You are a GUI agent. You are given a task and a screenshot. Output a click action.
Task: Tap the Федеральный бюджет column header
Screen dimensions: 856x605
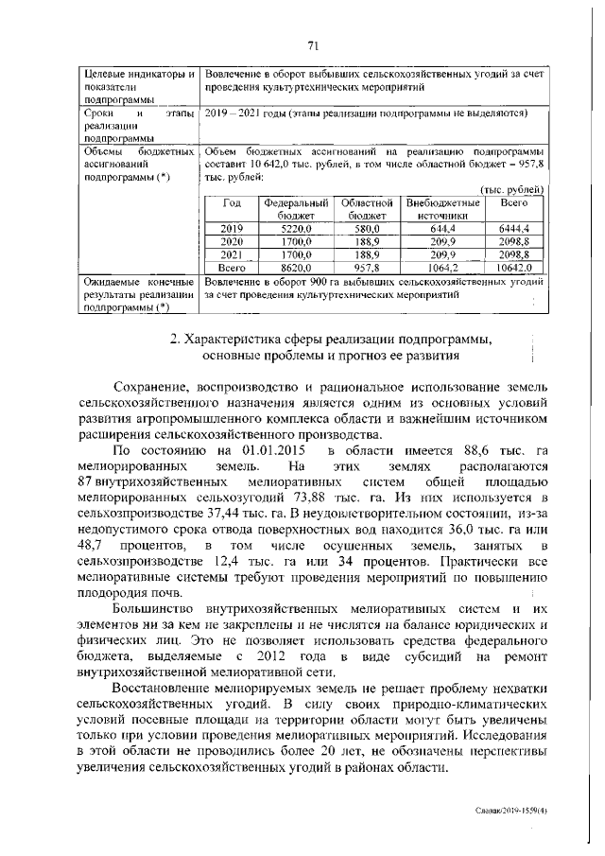[295, 209]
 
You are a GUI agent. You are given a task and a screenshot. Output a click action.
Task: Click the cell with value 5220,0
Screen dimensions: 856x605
[295, 229]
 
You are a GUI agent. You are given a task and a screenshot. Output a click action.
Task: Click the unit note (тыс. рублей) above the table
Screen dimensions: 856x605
[512, 189]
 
